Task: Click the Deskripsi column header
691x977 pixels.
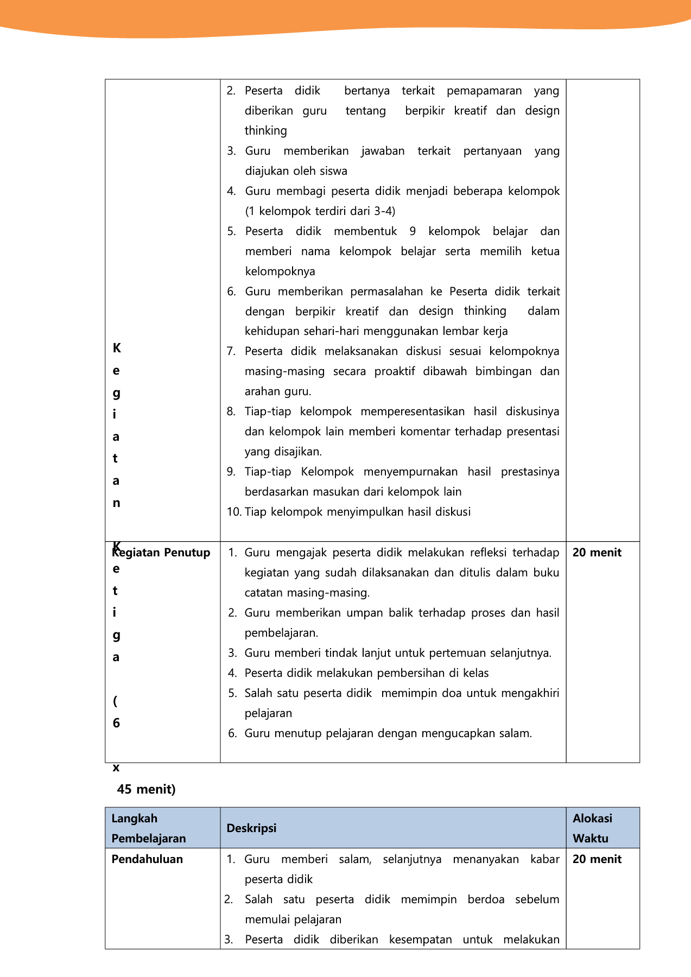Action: click(251, 828)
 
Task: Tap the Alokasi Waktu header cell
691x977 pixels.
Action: click(592, 828)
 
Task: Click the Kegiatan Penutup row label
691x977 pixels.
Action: click(161, 553)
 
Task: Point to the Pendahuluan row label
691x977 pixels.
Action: click(147, 859)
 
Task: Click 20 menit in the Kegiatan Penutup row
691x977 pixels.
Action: click(597, 553)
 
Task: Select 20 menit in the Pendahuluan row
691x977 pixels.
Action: click(597, 859)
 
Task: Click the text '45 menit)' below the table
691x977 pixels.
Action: click(147, 789)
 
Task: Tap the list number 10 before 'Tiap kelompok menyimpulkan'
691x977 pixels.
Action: click(234, 512)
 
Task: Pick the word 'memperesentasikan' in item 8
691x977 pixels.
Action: click(413, 411)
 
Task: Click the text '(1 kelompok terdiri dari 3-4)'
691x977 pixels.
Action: click(320, 211)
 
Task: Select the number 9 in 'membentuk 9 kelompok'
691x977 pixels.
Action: click(413, 231)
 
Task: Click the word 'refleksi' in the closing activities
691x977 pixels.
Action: click(480, 553)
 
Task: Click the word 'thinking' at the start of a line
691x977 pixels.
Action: click(265, 131)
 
